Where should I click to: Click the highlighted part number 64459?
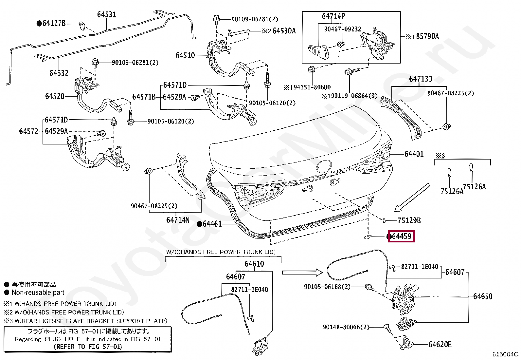(402, 237)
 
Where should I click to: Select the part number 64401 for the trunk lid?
(414, 154)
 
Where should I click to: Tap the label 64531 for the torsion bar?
(107, 14)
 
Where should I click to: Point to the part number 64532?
(59, 73)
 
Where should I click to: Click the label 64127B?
(54, 23)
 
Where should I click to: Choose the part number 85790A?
(427, 36)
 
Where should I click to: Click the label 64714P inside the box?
(333, 16)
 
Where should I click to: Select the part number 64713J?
(420, 79)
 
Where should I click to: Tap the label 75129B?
(409, 220)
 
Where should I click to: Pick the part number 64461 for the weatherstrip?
(212, 224)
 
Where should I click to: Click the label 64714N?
(178, 220)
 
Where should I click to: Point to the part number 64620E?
(440, 344)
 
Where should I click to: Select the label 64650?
(483, 296)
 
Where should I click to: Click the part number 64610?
(254, 264)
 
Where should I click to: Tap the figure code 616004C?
(505, 354)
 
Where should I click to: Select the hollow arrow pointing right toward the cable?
(302, 273)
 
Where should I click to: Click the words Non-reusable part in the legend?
(38, 293)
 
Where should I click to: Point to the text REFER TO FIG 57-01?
(88, 347)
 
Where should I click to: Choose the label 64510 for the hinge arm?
(185, 55)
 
